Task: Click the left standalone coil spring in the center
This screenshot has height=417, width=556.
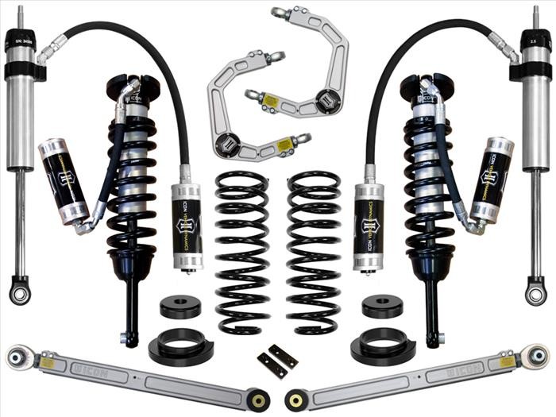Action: [x=242, y=250]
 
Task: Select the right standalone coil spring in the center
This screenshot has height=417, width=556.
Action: [x=314, y=250]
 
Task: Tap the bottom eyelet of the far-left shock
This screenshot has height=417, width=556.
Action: [x=19, y=292]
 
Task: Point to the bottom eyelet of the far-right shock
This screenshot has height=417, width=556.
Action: [x=536, y=292]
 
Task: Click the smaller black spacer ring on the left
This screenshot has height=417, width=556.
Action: [x=180, y=306]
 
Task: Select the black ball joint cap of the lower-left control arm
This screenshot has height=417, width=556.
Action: [x=230, y=147]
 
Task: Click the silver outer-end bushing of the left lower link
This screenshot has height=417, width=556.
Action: [x=17, y=357]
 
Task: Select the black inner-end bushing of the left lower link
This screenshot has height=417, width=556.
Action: [x=257, y=398]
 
